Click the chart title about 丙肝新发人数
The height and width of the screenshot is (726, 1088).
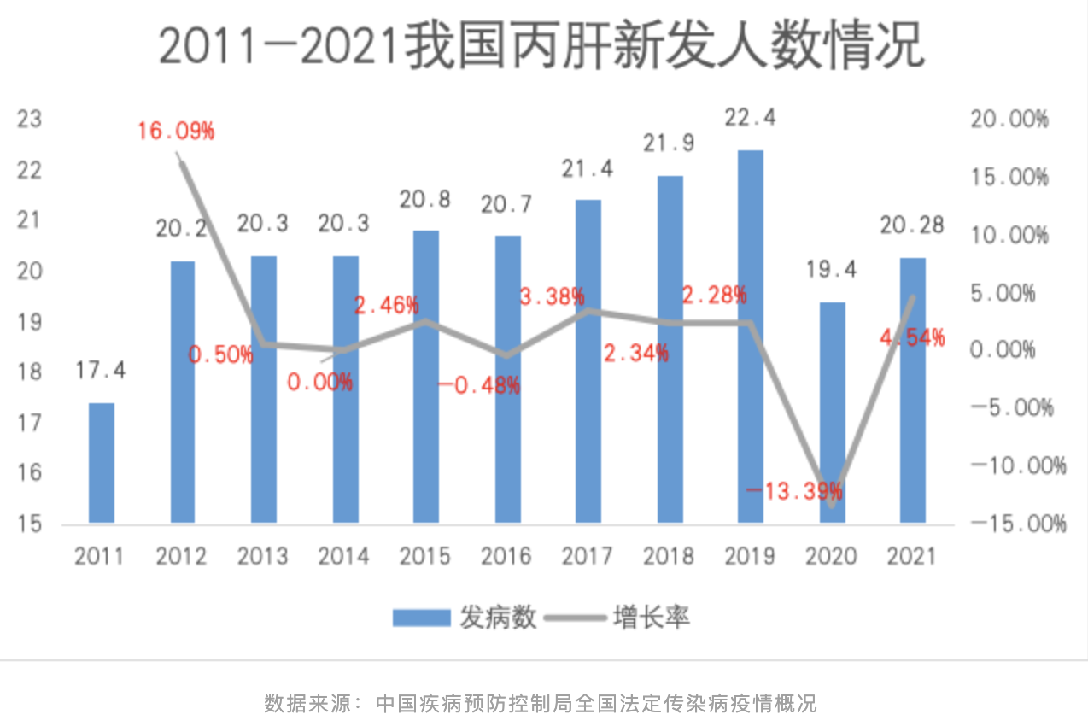coord(541,47)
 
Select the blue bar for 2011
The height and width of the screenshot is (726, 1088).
coord(102,462)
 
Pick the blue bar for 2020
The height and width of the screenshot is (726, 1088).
coord(832,412)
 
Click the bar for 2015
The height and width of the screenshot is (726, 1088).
coord(426,376)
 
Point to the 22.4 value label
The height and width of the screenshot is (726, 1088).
coord(751,119)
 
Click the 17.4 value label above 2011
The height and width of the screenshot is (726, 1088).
coord(101,371)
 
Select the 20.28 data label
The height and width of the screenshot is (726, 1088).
coord(913,225)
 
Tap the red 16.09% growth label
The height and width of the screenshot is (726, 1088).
coord(176,132)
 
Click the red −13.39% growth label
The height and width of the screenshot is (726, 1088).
coord(794,491)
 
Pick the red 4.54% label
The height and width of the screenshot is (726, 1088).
coord(913,337)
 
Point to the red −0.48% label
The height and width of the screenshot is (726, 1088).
coord(479,386)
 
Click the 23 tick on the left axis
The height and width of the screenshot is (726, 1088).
coord(30,120)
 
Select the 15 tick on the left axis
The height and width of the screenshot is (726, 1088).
coord(30,523)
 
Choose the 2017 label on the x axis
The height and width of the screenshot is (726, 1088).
coord(588,557)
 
